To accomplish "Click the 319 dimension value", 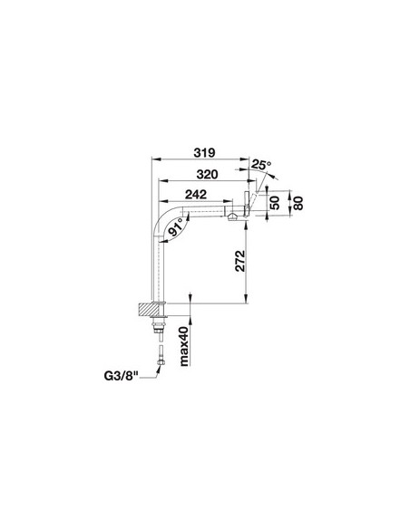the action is [204, 152].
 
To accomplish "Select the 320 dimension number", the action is [208, 175].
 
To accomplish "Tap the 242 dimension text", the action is [196, 195].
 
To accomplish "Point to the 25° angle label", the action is [261, 165].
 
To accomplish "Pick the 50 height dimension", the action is [276, 203].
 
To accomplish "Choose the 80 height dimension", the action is [298, 203].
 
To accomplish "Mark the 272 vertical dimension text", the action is [239, 261].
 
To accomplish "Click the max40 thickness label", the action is [183, 346].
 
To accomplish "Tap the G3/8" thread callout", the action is [122, 376].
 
